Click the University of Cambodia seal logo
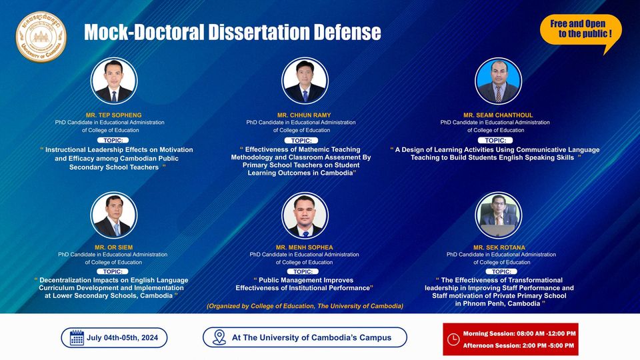[x=41, y=37]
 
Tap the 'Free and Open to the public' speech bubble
[x=581, y=30]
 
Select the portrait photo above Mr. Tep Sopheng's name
[x=114, y=81]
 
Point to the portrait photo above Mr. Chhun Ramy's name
[x=305, y=81]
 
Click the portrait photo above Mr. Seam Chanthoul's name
[x=498, y=81]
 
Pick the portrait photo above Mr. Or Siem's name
[x=114, y=215]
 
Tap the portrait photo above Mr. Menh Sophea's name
[x=305, y=215]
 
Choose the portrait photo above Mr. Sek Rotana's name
[x=499, y=215]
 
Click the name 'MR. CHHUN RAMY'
[x=304, y=115]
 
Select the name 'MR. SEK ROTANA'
[x=499, y=247]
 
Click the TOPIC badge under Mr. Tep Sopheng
[x=113, y=141]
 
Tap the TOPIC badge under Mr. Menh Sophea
[x=303, y=271]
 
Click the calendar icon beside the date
[x=77, y=338]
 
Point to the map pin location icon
[x=219, y=337]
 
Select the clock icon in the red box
[x=453, y=339]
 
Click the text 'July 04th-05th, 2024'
[x=122, y=338]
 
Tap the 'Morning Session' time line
[x=519, y=333]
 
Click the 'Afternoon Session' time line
[x=519, y=346]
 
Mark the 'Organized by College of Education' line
[x=305, y=306]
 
